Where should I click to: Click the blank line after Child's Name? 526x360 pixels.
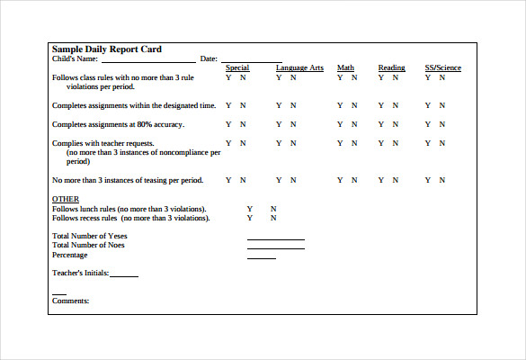coord(147,61)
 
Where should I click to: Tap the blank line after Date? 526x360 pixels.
coord(251,61)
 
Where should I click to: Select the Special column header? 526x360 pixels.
coord(237,68)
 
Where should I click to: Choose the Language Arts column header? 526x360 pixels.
coord(299,68)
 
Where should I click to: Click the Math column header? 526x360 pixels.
coord(345,68)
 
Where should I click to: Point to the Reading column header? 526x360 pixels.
coord(391,68)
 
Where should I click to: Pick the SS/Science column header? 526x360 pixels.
coord(443,68)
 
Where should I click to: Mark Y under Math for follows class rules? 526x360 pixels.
coord(340,78)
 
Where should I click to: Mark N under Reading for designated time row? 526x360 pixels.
coord(396,105)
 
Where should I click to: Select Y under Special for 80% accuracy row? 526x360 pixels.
coord(228,124)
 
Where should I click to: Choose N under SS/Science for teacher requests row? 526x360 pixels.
coord(441,143)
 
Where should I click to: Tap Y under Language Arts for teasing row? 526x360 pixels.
coord(279,180)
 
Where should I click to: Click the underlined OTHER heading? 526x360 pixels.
coord(66,199)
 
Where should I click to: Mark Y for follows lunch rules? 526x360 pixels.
coord(249,209)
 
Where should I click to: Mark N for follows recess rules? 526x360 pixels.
coord(273,218)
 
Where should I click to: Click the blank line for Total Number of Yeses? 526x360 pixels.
coord(275,238)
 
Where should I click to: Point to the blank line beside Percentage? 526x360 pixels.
coord(261,257)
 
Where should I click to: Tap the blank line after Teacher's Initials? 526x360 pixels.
coord(124,275)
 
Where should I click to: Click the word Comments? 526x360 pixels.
coord(70,301)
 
